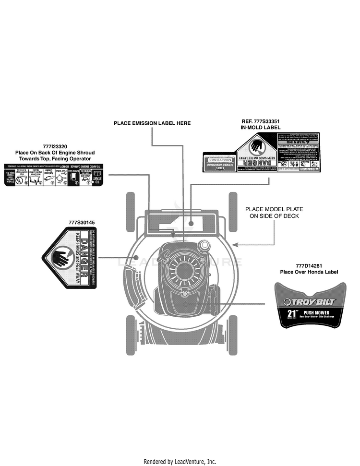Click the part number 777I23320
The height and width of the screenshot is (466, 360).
pos(55,146)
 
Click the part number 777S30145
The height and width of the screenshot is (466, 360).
pos(82,222)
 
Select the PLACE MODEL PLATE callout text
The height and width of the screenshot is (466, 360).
pos(274,209)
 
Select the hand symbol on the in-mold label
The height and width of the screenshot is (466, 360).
pos(256,145)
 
